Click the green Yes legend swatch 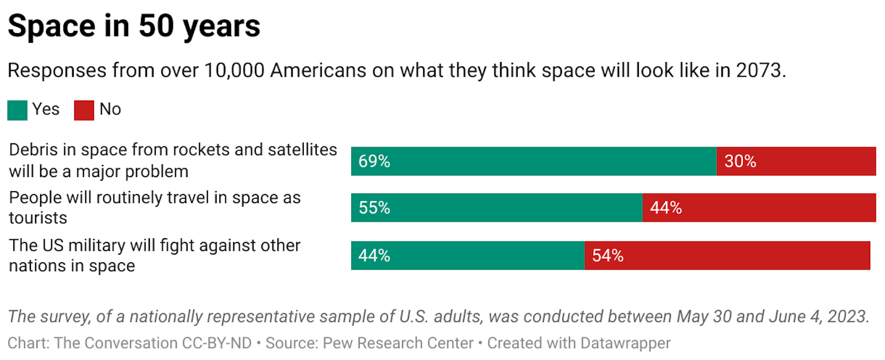18,111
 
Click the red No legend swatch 84,111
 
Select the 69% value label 374,161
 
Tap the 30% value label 740,161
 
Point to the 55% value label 374,208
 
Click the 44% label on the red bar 665,208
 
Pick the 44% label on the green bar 374,256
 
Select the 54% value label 607,256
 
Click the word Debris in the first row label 33,150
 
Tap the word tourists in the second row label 38,218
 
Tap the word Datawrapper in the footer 625,343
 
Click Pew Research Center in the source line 398,343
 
